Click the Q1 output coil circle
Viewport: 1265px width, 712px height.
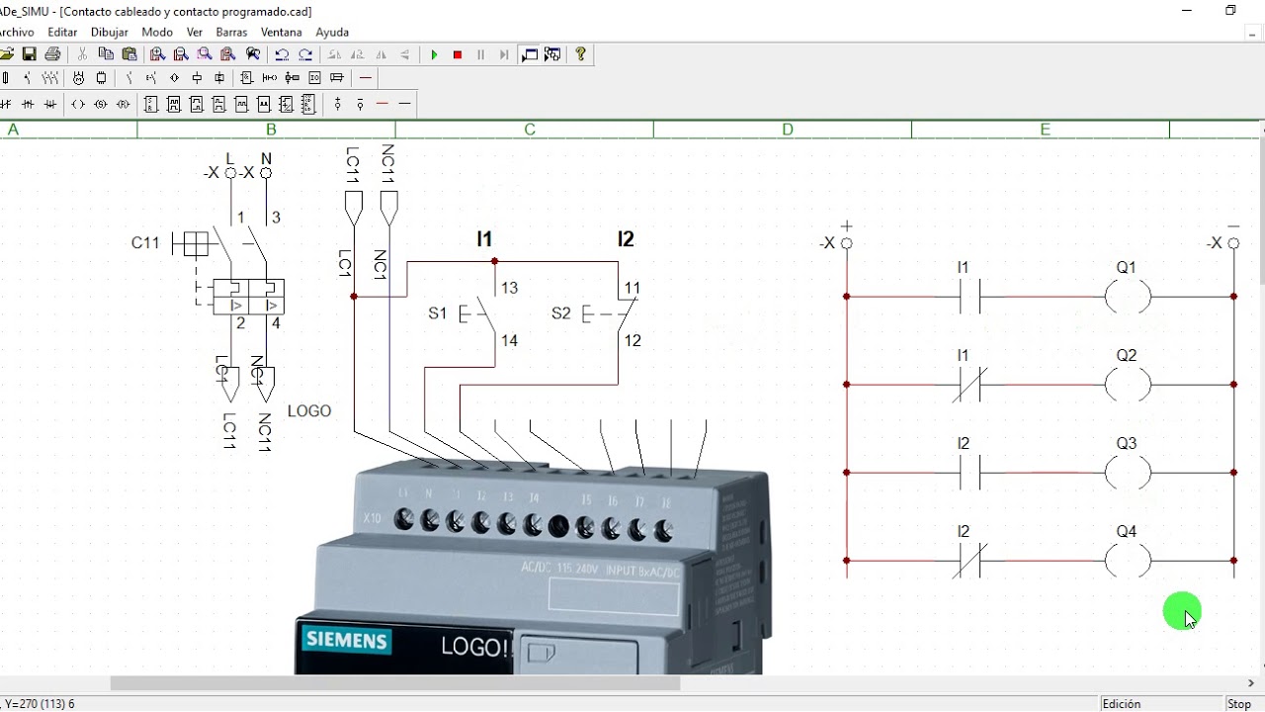click(x=1128, y=296)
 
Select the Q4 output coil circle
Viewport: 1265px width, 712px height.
click(x=1128, y=561)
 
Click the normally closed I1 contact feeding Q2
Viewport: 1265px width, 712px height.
click(x=970, y=385)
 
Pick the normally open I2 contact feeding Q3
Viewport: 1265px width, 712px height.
click(x=970, y=473)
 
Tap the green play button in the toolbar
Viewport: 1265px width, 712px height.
click(x=434, y=55)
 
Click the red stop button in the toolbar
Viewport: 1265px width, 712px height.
click(x=458, y=55)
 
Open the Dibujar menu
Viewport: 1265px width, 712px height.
click(x=110, y=33)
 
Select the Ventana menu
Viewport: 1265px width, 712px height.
click(x=282, y=33)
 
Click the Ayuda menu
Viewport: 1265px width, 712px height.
click(x=332, y=33)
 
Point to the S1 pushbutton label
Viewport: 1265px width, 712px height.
click(x=437, y=313)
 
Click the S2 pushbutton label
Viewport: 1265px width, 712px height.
click(x=560, y=313)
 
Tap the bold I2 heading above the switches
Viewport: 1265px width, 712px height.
click(x=626, y=239)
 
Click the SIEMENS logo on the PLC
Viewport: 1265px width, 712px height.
click(x=346, y=641)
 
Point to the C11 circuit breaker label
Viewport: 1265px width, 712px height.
click(x=145, y=243)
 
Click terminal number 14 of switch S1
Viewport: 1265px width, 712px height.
click(x=509, y=341)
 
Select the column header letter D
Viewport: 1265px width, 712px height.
click(x=788, y=130)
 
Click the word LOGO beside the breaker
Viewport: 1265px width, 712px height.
click(x=309, y=411)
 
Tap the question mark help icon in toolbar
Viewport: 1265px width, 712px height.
click(x=580, y=55)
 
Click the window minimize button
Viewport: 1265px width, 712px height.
click(x=1187, y=11)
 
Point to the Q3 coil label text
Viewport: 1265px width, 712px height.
click(x=1127, y=444)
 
